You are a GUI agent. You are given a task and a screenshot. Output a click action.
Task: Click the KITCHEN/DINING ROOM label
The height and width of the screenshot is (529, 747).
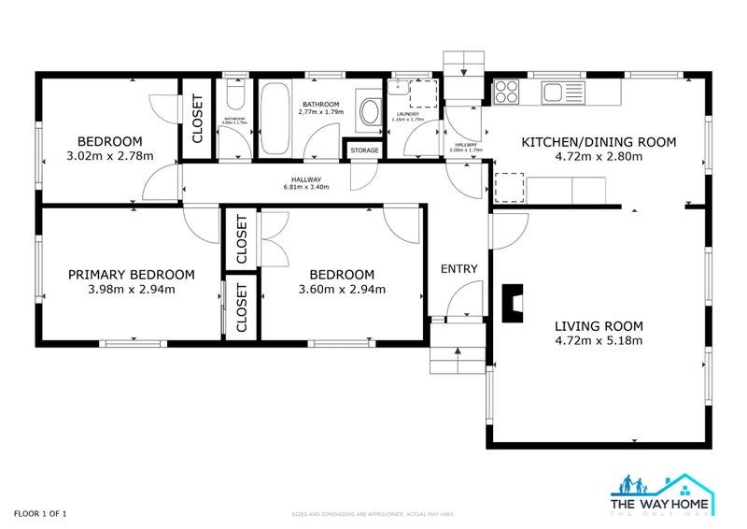pos(599,142)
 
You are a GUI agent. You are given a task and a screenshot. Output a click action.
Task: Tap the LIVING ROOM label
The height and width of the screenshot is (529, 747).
pos(599,326)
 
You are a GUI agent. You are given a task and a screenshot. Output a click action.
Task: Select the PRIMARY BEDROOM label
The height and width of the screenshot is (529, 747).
pos(132,275)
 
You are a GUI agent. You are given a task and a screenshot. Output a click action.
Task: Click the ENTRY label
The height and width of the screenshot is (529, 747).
pos(459,269)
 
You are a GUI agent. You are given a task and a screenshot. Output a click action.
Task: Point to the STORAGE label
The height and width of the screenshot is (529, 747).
pos(365,150)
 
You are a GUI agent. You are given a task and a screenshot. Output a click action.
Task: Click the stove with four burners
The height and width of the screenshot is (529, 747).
pos(506,92)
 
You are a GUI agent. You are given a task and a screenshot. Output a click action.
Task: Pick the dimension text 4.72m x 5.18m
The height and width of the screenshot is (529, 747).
pos(599,340)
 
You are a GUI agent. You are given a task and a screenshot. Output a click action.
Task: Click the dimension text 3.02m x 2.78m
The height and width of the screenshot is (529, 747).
pos(110,156)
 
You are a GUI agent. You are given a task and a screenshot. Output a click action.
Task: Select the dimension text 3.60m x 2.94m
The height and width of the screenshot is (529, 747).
pos(342,289)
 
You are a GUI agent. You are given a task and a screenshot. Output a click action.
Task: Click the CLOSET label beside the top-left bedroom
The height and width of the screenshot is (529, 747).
pos(198,119)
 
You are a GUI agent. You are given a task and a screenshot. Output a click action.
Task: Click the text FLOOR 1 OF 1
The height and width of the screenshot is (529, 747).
pos(40,513)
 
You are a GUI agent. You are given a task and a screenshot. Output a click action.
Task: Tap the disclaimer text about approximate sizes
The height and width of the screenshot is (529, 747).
pos(373,514)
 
